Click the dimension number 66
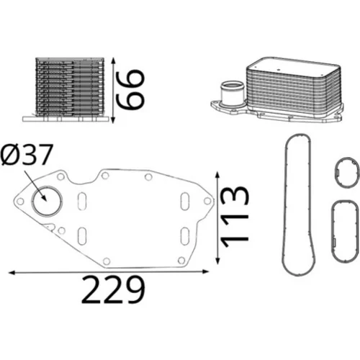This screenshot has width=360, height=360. (x=130, y=89)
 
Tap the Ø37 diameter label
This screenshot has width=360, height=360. (x=27, y=155)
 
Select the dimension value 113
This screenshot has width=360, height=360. (x=235, y=216)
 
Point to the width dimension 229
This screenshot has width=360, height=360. (x=113, y=289)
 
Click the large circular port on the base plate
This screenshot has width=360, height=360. (x=48, y=201)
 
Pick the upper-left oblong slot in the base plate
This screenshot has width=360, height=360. (x=82, y=202)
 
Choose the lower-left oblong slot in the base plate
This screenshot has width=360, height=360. (x=82, y=236)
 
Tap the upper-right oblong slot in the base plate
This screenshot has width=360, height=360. (x=185, y=201)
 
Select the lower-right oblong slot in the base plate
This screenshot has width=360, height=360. (x=185, y=236)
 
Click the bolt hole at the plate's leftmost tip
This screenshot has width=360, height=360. (x=20, y=201)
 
